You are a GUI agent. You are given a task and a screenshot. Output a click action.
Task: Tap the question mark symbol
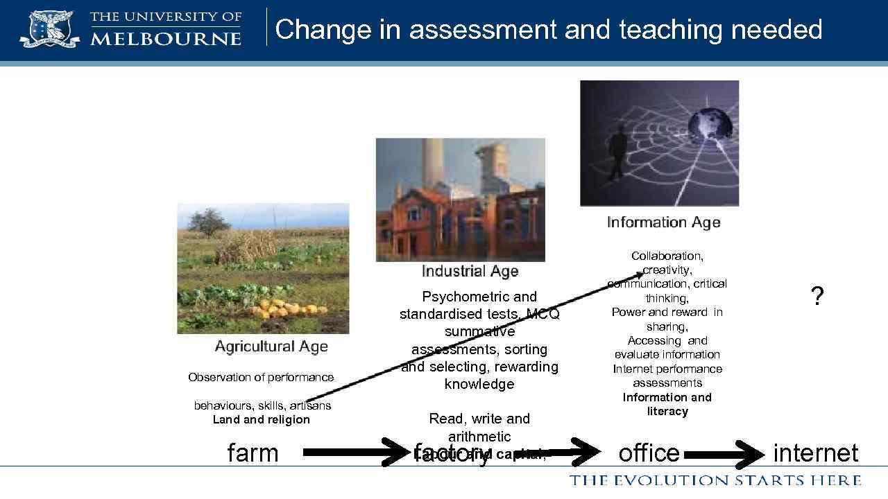click(x=817, y=297)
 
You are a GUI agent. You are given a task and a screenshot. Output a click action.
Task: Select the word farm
click(x=253, y=453)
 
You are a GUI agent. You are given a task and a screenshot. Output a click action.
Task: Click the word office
click(x=649, y=453)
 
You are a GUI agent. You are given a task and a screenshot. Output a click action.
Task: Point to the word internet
click(x=815, y=453)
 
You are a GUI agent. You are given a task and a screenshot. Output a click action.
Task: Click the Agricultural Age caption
click(x=271, y=347)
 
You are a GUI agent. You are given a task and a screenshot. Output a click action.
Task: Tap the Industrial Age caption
click(x=470, y=271)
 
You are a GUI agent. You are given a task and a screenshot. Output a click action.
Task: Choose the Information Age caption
click(x=663, y=222)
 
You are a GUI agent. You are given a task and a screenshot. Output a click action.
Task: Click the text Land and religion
click(x=261, y=420)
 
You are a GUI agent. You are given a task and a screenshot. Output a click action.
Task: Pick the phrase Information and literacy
click(x=667, y=404)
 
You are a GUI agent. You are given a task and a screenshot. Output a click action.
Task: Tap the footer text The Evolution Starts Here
click(x=715, y=480)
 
